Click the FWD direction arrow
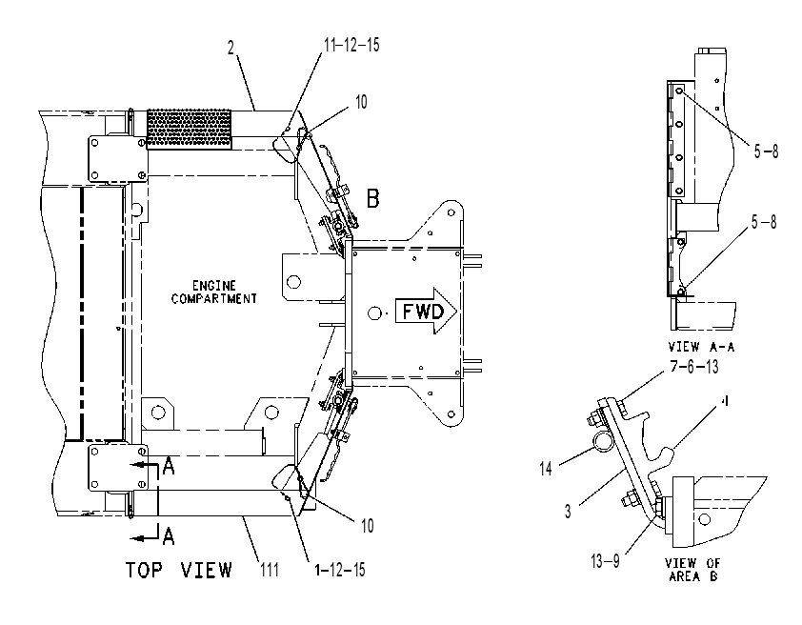pos(426,311)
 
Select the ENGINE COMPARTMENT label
pos(213,292)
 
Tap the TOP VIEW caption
pos(179,570)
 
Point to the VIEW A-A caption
pos(701,347)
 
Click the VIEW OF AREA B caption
pos(692,570)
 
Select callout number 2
pos(231,48)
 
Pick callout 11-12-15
pos(351,45)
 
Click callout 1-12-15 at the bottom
pos(340,570)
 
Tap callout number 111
pos(270,569)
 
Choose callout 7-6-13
pos(694,367)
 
